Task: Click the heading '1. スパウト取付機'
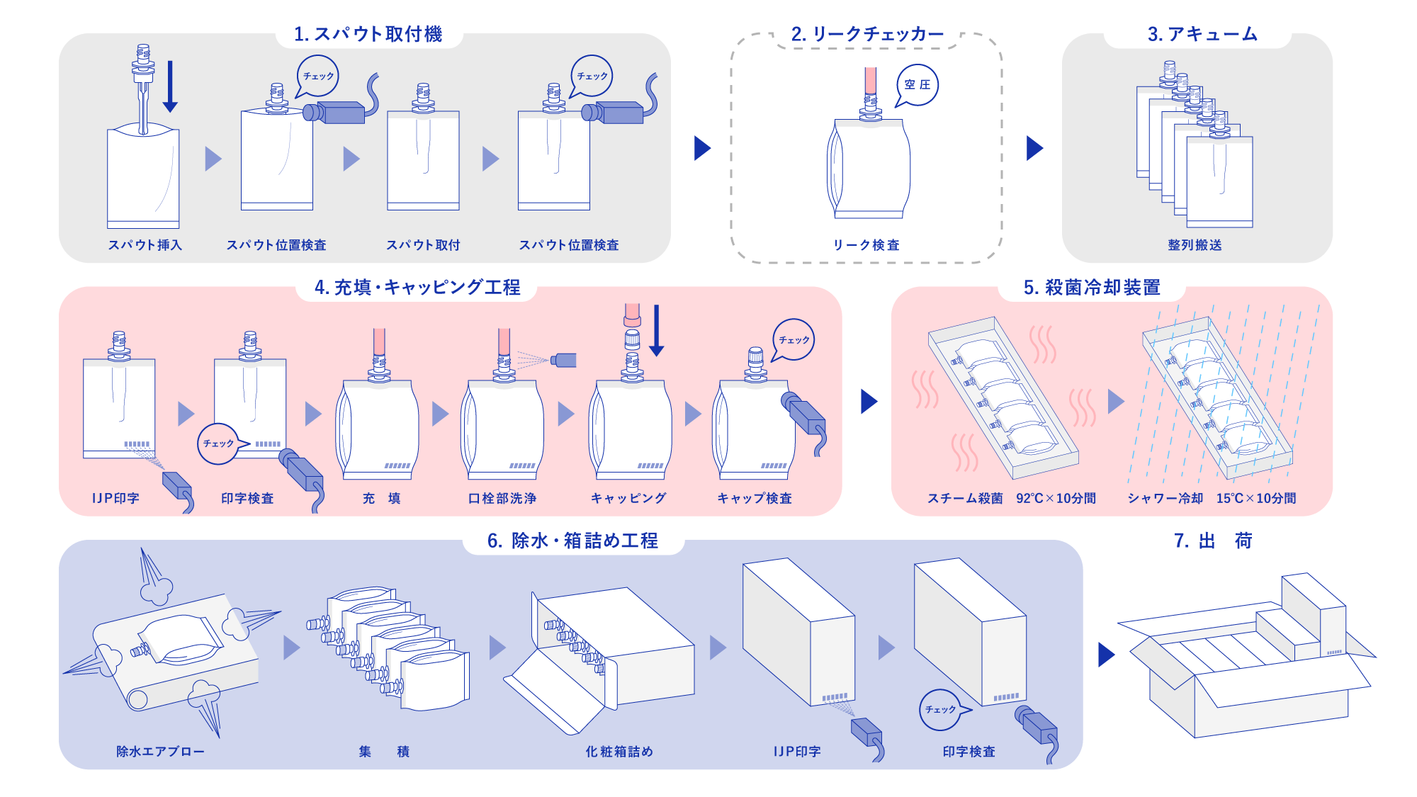click(x=368, y=34)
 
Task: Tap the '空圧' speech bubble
click(x=918, y=85)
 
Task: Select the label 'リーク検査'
click(x=866, y=245)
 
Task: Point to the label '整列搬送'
click(x=1195, y=245)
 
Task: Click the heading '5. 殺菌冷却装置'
click(x=1092, y=288)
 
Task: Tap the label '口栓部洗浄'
click(x=502, y=499)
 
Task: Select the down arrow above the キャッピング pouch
click(x=657, y=330)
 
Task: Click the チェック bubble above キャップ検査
click(x=794, y=340)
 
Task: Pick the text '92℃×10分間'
click(x=1056, y=499)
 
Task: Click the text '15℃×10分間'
click(x=1256, y=499)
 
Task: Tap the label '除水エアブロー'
click(x=160, y=752)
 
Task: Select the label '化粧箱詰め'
click(x=619, y=752)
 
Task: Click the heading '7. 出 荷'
click(x=1213, y=541)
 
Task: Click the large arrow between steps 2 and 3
click(x=1034, y=148)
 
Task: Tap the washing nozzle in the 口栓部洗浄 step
click(x=564, y=360)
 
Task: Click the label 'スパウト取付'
click(x=423, y=245)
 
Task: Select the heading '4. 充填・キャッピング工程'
click(x=417, y=288)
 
